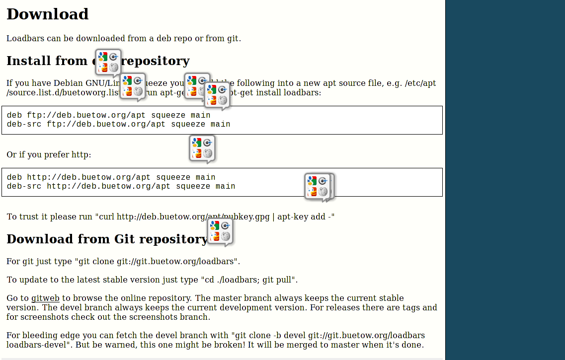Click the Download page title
(47, 14)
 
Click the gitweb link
(45, 298)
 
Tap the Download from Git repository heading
(106, 239)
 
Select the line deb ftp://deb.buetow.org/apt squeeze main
(108, 115)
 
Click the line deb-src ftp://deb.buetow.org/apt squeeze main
(118, 124)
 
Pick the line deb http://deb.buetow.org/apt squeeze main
(111, 177)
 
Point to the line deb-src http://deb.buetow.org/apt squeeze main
(121, 186)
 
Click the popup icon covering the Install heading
(108, 62)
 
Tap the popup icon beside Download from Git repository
(220, 231)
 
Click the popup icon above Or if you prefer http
(202, 148)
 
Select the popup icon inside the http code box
(318, 186)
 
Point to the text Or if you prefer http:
(49, 155)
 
